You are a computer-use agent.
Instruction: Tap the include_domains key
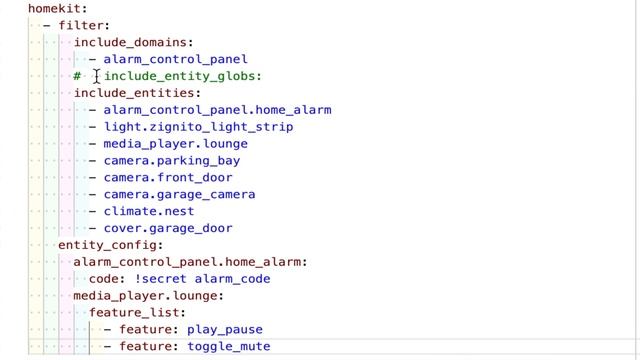[133, 42]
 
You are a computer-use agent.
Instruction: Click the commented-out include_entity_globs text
[183, 76]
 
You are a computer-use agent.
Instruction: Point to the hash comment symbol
[77, 76]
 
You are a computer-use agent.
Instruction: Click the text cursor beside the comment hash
[97, 76]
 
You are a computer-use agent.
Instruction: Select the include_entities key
[137, 93]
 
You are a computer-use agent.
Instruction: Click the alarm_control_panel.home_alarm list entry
[217, 110]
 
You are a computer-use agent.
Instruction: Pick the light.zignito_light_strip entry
[198, 127]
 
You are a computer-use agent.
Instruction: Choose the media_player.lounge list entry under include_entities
[175, 144]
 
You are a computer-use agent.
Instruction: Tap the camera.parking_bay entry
[171, 161]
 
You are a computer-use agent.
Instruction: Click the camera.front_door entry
[167, 178]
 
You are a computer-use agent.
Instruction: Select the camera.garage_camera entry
[179, 195]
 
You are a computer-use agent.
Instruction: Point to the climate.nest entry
[148, 212]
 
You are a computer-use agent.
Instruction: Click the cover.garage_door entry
[167, 229]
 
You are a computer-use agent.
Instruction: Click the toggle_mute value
[229, 347]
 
